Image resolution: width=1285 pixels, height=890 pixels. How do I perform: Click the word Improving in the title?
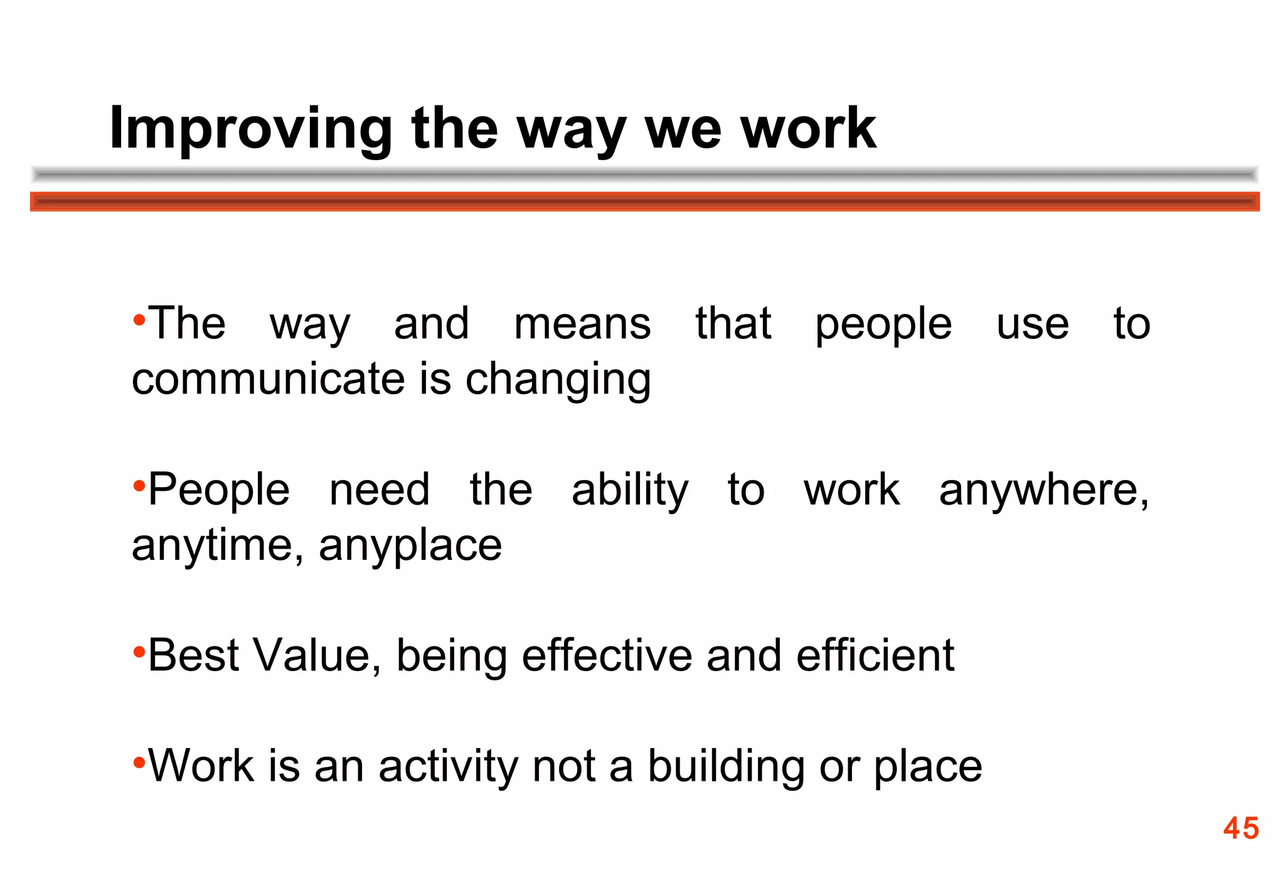point(250,129)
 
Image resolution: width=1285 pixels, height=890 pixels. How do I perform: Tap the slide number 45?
point(1240,828)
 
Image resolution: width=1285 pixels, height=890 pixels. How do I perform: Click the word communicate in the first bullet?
point(269,379)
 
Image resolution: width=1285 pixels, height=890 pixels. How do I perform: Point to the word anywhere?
point(1043,490)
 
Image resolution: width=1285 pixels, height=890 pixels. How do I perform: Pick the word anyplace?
point(410,545)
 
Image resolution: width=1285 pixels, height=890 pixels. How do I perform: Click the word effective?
point(607,655)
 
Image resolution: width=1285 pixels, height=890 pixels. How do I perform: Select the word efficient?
point(875,655)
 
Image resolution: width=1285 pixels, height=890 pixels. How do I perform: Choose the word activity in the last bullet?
point(448,766)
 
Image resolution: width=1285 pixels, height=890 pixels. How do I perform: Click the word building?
point(726,766)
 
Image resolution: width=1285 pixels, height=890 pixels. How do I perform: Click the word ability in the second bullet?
point(630,490)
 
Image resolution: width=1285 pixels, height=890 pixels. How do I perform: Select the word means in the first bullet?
point(582,324)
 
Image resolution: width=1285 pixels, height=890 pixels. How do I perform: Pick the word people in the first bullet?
point(883,325)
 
